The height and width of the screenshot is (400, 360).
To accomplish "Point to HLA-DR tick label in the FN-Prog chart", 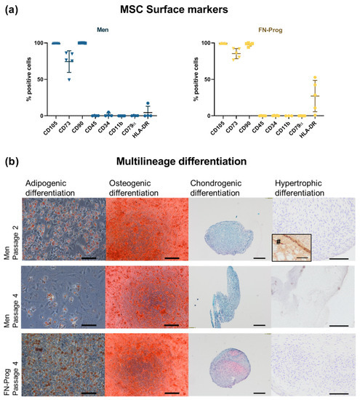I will point(311,129).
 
